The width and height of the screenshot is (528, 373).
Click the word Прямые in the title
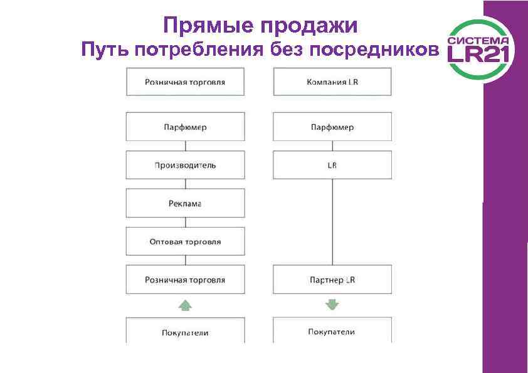tap(199, 26)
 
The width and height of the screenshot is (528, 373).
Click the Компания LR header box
tap(332, 82)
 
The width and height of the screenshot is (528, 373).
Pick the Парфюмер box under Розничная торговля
tap(185, 127)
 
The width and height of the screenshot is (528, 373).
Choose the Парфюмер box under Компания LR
tap(332, 127)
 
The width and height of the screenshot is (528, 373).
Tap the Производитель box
tap(185, 165)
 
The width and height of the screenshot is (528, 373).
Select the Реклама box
tap(185, 204)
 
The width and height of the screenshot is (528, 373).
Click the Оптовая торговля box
tap(185, 241)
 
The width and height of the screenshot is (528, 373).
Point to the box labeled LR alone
tap(332, 165)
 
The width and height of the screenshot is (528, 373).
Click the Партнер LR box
tap(332, 280)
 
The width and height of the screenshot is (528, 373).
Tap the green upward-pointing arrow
tap(185, 305)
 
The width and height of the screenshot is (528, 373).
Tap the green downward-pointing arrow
tap(332, 305)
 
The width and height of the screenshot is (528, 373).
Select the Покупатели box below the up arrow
tap(185, 332)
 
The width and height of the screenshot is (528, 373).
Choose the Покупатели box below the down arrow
tap(332, 331)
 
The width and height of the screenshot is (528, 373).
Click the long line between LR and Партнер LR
tap(332, 222)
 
